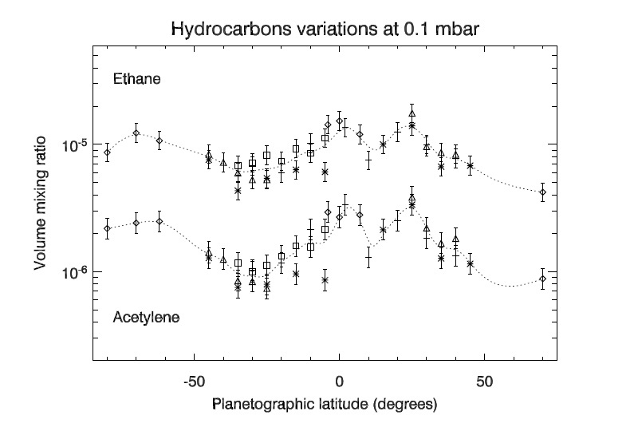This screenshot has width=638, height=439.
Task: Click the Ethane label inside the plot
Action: pos(137,79)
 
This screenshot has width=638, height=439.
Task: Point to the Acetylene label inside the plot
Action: pos(146,318)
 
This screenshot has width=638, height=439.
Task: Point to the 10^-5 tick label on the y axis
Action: pos(73,145)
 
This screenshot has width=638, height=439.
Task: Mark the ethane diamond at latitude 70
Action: pos(542,192)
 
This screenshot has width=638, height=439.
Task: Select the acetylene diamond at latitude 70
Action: pos(542,279)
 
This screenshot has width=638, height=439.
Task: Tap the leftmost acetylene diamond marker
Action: pos(107,228)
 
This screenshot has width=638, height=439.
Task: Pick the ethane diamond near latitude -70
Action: pos(136,134)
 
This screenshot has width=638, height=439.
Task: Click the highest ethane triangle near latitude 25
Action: pos(412,113)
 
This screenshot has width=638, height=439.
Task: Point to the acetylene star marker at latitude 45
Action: pos(471,263)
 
